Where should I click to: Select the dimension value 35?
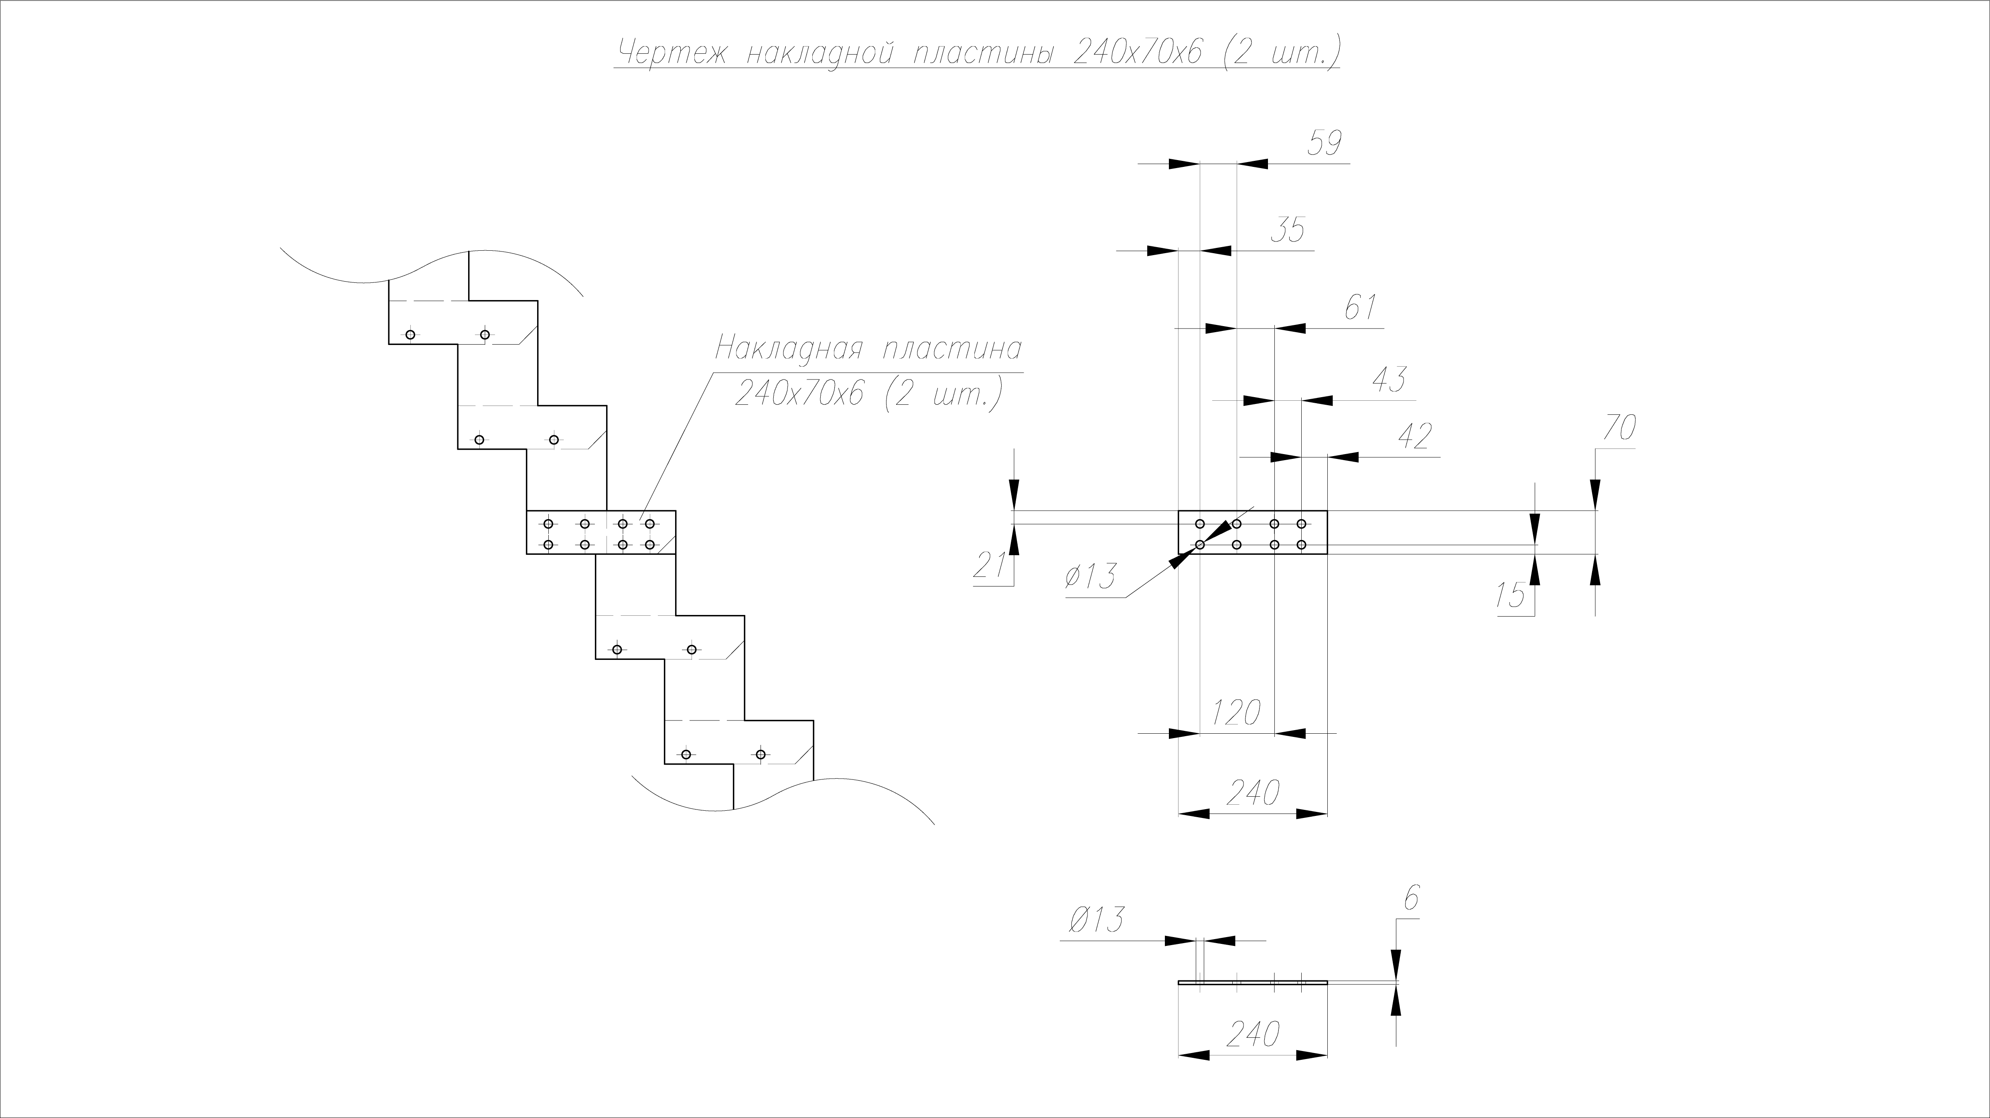(x=1287, y=231)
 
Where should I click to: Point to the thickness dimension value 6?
(x=1411, y=899)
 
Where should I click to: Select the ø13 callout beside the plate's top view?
(x=1091, y=576)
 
